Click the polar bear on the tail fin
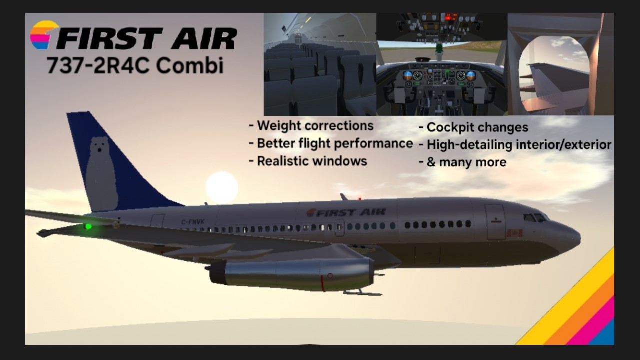pos(102,174)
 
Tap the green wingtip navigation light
pos(88,227)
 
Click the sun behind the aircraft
pos(222,188)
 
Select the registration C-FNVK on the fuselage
pos(193,221)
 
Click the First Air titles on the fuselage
pos(346,212)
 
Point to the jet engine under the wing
pos(291,274)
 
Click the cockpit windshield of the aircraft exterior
pos(535,218)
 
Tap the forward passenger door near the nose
pos(495,222)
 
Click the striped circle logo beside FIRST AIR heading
pos(45,35)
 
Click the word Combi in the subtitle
pos(190,65)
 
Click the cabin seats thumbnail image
pos(320,64)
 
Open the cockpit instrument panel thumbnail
pos(442,64)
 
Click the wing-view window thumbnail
pos(561,64)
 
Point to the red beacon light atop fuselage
pos(360,198)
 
